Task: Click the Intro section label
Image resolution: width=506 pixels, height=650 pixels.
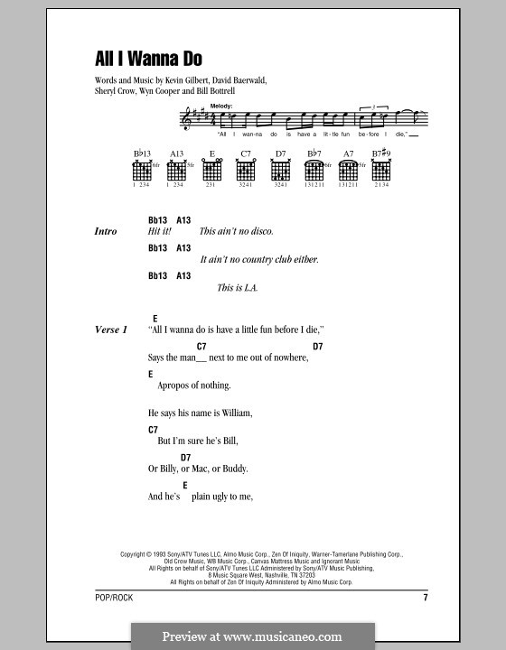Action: click(x=106, y=232)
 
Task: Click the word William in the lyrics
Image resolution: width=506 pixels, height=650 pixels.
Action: click(x=231, y=413)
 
